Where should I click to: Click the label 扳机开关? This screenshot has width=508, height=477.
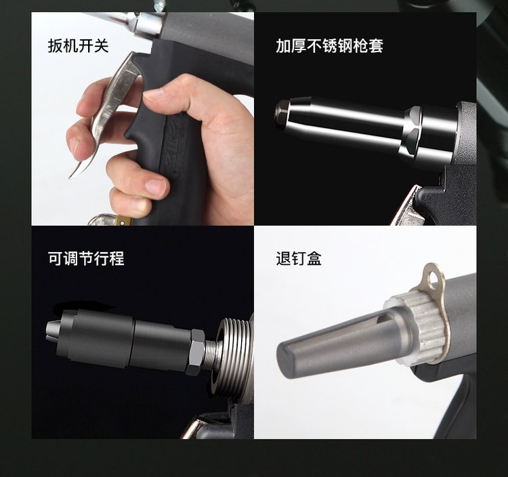click(78, 45)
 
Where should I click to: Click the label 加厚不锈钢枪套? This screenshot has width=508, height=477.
click(329, 45)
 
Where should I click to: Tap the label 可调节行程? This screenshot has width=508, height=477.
click(86, 259)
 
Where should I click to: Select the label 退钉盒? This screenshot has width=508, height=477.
click(299, 259)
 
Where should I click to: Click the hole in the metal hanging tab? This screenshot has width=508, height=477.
click(433, 278)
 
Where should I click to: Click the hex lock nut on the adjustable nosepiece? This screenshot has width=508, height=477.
click(196, 352)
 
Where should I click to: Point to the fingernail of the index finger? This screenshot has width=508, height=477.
click(75, 145)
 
